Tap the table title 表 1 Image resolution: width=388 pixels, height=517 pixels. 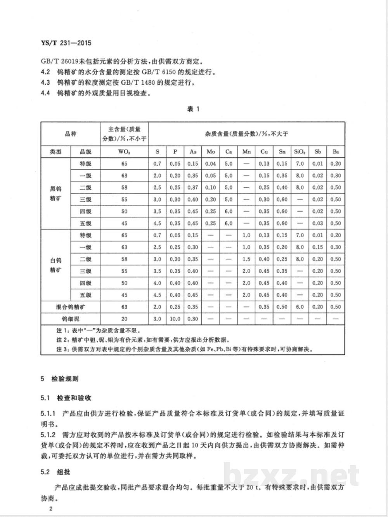point(193,109)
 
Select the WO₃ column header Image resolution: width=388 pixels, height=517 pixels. point(124,151)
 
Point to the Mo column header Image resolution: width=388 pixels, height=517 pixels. point(211,151)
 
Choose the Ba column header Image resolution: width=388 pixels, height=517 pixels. point(336,151)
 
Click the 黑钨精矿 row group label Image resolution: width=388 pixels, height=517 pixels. point(55,193)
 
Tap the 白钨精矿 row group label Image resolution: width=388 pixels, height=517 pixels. point(55,265)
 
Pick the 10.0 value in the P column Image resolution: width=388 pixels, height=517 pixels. point(175,319)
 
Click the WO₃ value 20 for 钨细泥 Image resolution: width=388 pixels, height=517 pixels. point(124,319)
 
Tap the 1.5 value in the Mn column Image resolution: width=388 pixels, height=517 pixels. point(246,259)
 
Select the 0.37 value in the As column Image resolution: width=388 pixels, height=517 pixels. point(193,188)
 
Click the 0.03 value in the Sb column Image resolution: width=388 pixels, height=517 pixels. point(318,223)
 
